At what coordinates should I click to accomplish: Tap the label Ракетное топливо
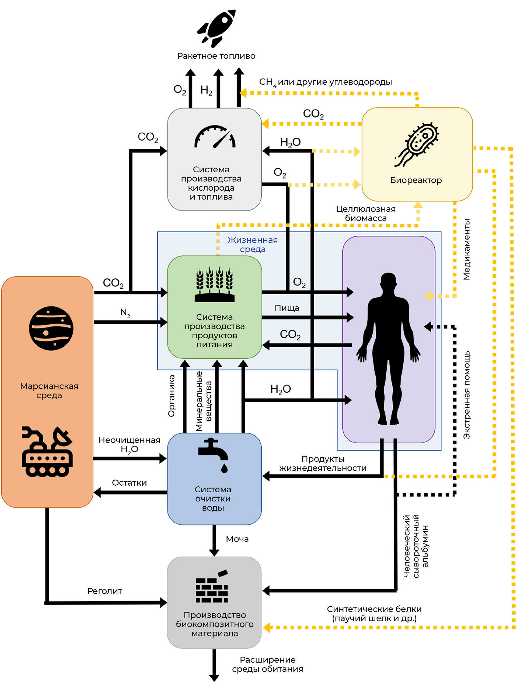[216, 56]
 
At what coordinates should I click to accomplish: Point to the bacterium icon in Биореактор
[417, 144]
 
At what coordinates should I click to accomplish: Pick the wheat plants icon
[215, 284]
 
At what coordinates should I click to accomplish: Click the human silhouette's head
[388, 282]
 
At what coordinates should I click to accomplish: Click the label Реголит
[104, 591]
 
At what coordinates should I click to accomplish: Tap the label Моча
[237, 539]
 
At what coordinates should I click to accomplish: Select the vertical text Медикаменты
[466, 250]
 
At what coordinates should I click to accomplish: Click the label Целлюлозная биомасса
[366, 213]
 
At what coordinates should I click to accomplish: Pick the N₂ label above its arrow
[125, 312]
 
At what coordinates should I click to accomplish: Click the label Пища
[287, 308]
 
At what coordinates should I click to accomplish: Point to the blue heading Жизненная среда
[253, 244]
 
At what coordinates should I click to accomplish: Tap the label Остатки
[129, 483]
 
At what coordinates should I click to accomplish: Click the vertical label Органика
[171, 396]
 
